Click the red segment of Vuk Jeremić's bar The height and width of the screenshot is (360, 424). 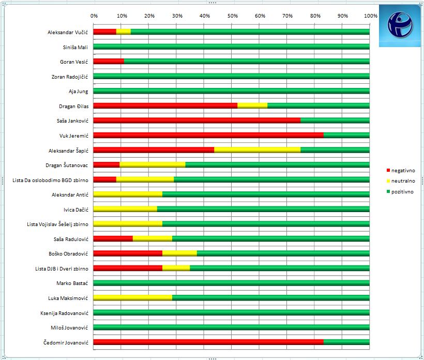tap(208, 136)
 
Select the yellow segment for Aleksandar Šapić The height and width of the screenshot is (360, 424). tap(257, 150)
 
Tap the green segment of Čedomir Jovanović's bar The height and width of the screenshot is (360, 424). tap(346, 342)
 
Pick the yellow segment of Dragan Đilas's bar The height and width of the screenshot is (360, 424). tap(252, 106)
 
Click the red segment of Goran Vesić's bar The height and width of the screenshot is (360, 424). tap(109, 62)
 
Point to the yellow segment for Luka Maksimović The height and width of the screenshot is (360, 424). tap(133, 298)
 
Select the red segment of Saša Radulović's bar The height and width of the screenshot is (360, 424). tap(113, 238)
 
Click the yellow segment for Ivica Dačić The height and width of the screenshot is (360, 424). tap(125, 209)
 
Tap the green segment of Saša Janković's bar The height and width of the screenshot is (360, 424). tap(335, 121)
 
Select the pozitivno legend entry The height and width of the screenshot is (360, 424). tap(402, 191)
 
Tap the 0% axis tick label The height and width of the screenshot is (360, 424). tap(94, 16)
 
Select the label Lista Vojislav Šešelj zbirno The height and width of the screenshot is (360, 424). tap(57, 224)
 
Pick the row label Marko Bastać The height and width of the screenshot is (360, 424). tap(72, 283)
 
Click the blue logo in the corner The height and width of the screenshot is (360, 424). tap(399, 26)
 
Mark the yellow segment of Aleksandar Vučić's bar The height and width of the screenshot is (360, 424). tap(124, 32)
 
